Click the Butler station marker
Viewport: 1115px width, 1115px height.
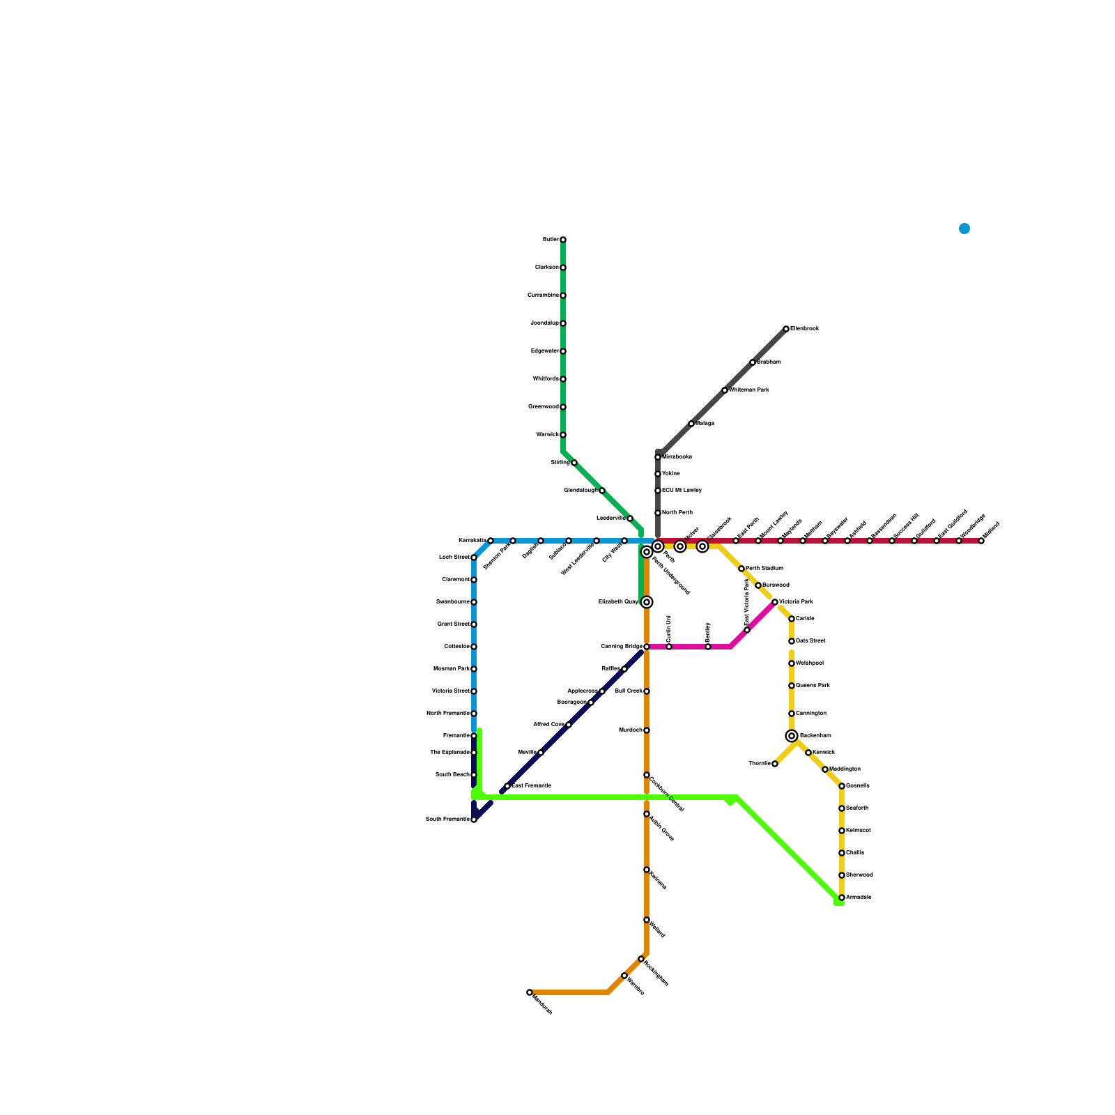pyautogui.click(x=563, y=240)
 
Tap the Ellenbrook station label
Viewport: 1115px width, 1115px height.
pyautogui.click(x=804, y=329)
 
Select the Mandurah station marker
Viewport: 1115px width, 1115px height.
pyautogui.click(x=530, y=992)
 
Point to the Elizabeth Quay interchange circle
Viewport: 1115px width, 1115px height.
pyautogui.click(x=647, y=602)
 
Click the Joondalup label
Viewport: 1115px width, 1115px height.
pyautogui.click(x=544, y=323)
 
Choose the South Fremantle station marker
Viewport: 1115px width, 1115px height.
pyautogui.click(x=474, y=820)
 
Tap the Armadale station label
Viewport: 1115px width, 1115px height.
pyautogui.click(x=859, y=898)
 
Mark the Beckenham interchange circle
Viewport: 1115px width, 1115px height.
pyautogui.click(x=792, y=736)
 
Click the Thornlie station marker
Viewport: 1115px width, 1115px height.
pyautogui.click(x=775, y=764)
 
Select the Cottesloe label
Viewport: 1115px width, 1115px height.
pyautogui.click(x=456, y=647)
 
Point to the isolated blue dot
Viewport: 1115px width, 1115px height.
pyautogui.click(x=964, y=229)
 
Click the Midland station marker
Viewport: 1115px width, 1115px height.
pyautogui.click(x=981, y=541)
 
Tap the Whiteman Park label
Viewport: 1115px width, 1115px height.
pyautogui.click(x=749, y=390)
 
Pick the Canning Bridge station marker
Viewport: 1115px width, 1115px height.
pyautogui.click(x=647, y=647)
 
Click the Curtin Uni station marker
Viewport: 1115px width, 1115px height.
pyautogui.click(x=669, y=647)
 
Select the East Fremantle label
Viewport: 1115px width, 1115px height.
pyautogui.click(x=531, y=786)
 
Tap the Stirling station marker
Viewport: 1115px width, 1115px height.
pyautogui.click(x=574, y=463)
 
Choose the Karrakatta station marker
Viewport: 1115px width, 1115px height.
pyautogui.click(x=491, y=541)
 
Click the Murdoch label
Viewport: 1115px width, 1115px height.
pyautogui.click(x=630, y=730)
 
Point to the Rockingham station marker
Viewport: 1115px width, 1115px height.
pyautogui.click(x=641, y=959)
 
